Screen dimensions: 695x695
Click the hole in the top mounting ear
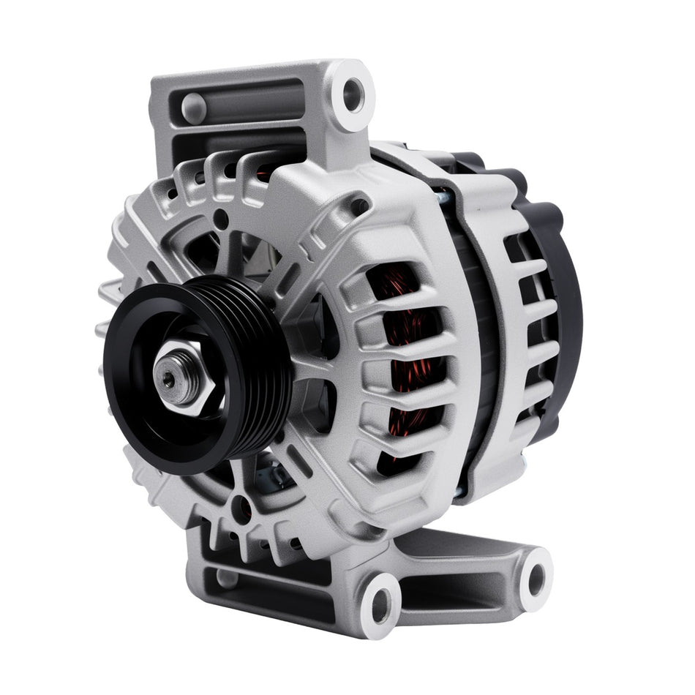tap(353, 93)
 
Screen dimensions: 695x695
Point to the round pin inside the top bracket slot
tap(194, 108)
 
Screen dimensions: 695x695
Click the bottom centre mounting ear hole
tap(381, 604)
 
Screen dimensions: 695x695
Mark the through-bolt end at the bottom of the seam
tap(457, 497)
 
